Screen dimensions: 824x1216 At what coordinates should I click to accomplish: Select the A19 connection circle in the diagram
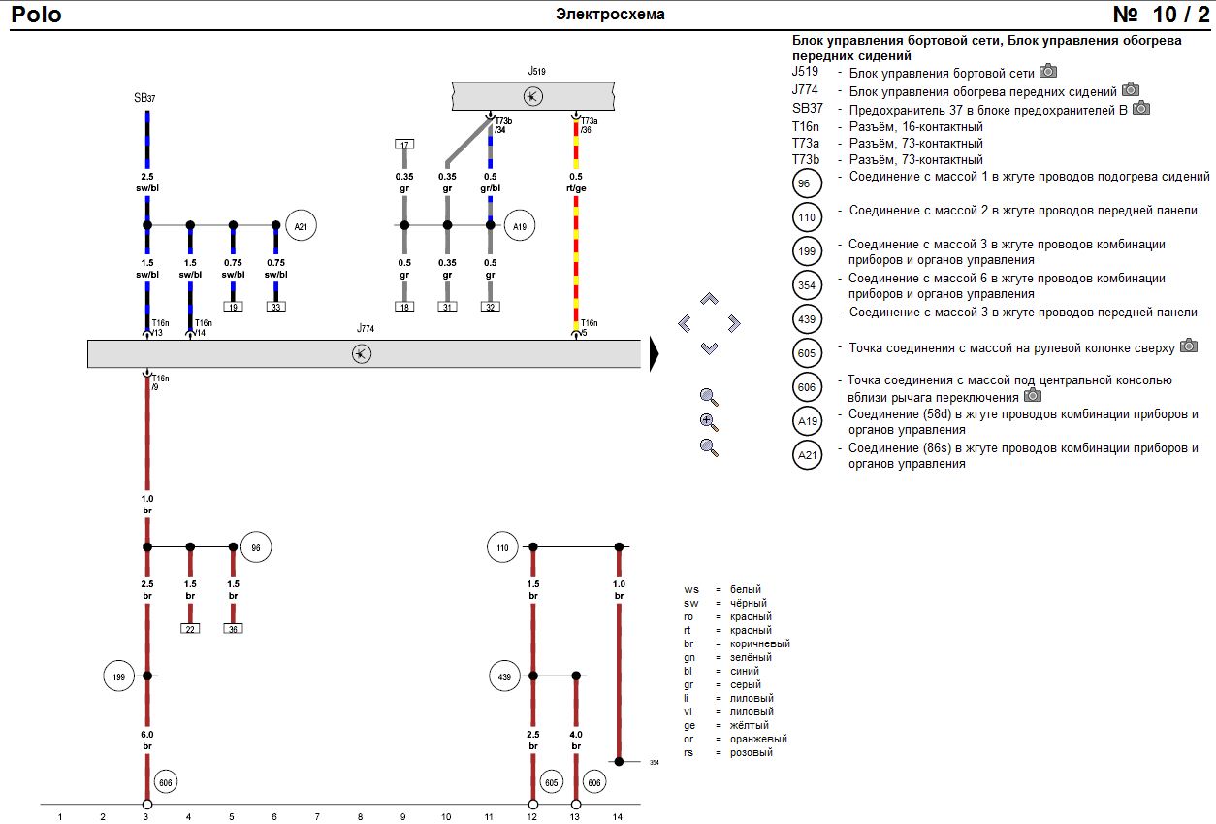point(520,225)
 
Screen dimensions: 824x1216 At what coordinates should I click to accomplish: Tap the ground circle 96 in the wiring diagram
point(256,547)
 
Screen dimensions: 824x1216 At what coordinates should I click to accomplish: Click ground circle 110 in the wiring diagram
point(502,547)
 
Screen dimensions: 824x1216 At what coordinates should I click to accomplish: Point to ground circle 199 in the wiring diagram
point(119,676)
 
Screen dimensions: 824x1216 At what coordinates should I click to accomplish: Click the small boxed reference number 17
point(404,145)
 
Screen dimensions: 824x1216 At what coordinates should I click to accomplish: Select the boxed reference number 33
point(276,307)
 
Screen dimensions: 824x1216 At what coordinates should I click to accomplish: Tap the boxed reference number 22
point(190,629)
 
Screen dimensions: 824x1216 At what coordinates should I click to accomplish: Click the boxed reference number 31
point(447,307)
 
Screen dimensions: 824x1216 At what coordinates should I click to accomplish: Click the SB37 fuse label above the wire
point(145,98)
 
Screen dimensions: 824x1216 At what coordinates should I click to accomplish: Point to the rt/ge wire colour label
point(576,188)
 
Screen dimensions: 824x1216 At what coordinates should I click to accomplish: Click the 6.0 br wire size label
point(147,741)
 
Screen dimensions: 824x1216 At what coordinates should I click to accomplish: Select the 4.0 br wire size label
point(576,741)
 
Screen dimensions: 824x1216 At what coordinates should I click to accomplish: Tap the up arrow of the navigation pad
point(709,299)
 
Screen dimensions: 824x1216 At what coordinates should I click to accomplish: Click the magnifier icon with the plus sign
point(709,422)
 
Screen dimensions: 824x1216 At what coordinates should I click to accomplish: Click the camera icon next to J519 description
point(1048,71)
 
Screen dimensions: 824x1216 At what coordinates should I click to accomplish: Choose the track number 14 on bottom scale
point(618,817)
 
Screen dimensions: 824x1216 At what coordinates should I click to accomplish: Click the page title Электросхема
point(610,15)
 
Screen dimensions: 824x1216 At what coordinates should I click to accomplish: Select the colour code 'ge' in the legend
point(690,725)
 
